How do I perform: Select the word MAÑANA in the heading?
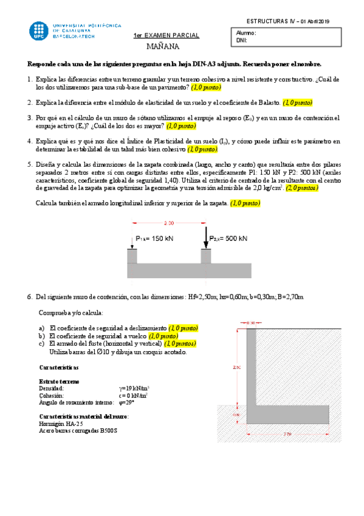pyautogui.click(x=163, y=46)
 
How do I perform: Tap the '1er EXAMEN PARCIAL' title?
pyautogui.click(x=167, y=36)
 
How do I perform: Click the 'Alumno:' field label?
pyautogui.click(x=246, y=33)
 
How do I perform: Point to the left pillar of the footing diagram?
pyautogui.click(x=132, y=255)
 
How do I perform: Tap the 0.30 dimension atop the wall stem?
pyautogui.click(x=251, y=322)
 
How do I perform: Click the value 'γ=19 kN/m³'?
pyautogui.click(x=134, y=388)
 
